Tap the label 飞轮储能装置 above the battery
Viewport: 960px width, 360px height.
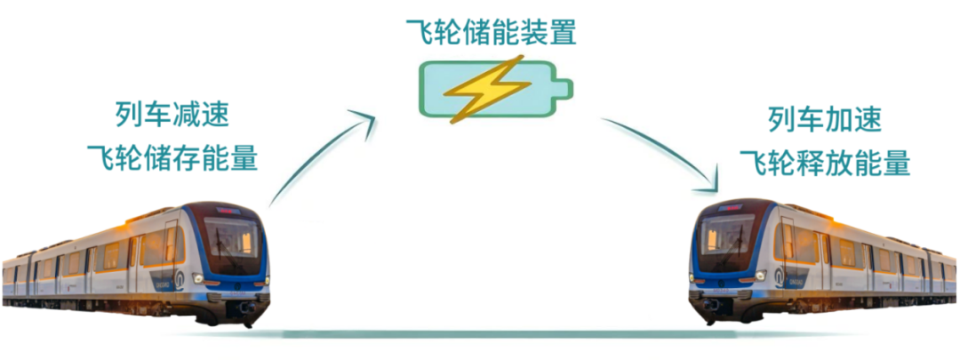tap(491, 32)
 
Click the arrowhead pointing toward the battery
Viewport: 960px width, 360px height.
tap(364, 120)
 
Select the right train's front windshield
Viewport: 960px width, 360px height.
tap(727, 237)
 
